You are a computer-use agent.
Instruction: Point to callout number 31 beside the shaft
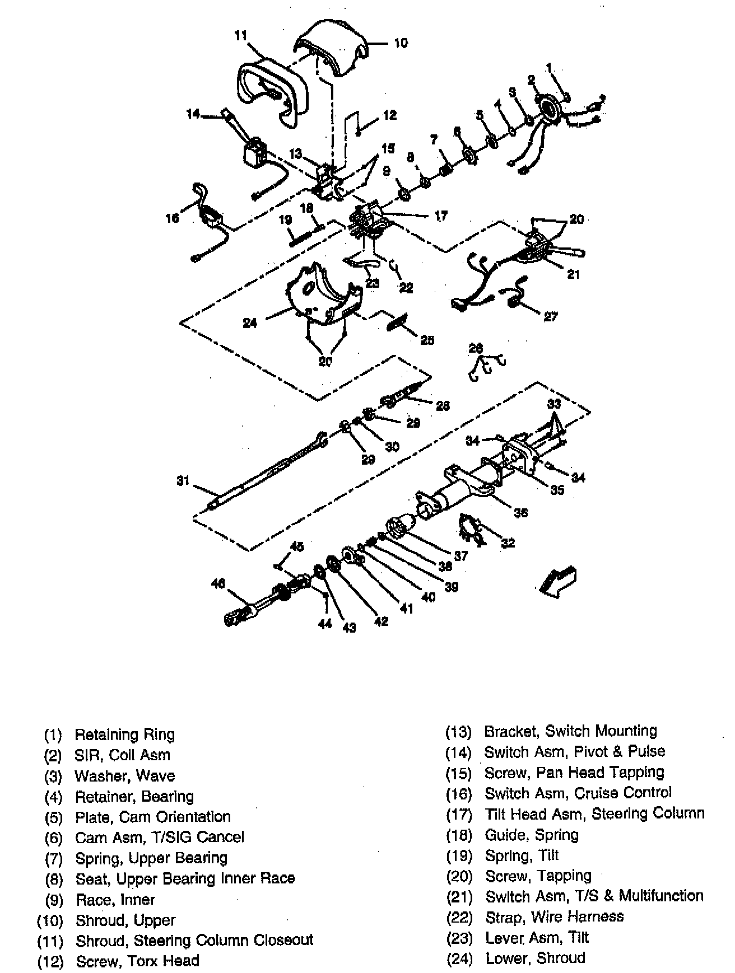coord(183,481)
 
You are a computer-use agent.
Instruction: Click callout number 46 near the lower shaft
coord(217,583)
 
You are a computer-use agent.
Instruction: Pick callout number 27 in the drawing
coord(551,317)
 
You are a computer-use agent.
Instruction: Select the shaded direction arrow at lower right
coord(557,581)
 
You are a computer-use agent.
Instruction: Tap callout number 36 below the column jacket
coord(520,512)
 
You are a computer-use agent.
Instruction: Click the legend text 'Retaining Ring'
coord(124,735)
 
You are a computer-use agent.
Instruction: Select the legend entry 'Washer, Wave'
coord(124,776)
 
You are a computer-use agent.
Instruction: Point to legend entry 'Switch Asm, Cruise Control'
coord(578,793)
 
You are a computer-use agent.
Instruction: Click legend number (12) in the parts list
coord(50,962)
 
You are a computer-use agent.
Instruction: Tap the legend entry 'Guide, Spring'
coord(531,835)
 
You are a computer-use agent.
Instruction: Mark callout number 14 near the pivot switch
coord(194,114)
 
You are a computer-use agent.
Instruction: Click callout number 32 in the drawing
coord(508,542)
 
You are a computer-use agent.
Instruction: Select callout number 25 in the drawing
coord(427,340)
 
